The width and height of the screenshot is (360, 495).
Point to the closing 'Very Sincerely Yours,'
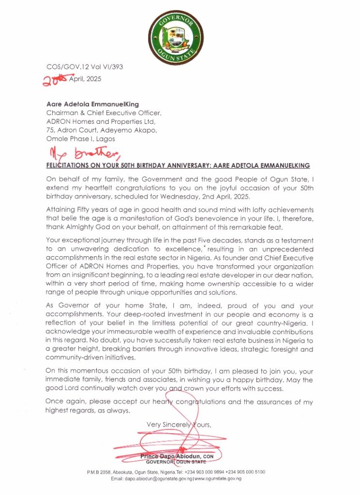click(179, 425)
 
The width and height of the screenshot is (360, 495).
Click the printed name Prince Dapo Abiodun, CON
click(177, 456)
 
